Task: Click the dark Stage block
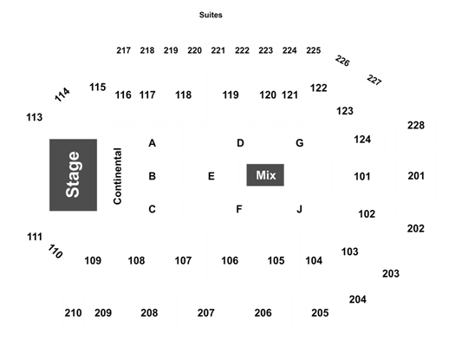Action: [x=73, y=175]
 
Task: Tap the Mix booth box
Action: [x=265, y=175]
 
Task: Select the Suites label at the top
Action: [x=211, y=15]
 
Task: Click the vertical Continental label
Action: [x=118, y=176]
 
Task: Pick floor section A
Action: [x=152, y=143]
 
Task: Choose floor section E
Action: [x=211, y=176]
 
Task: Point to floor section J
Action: [x=300, y=209]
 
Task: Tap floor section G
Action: [x=300, y=143]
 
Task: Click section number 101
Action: [x=362, y=176]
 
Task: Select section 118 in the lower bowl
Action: [x=184, y=95]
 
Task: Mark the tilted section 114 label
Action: [x=62, y=95]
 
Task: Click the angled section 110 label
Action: [x=55, y=252]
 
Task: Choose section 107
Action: [x=183, y=260]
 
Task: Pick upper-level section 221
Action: [x=218, y=50]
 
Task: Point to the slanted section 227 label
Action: [x=374, y=80]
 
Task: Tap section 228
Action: [x=416, y=125]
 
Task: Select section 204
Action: [x=358, y=299]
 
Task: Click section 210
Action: [x=73, y=313]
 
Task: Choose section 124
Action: [x=362, y=140]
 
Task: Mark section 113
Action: [x=35, y=117]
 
